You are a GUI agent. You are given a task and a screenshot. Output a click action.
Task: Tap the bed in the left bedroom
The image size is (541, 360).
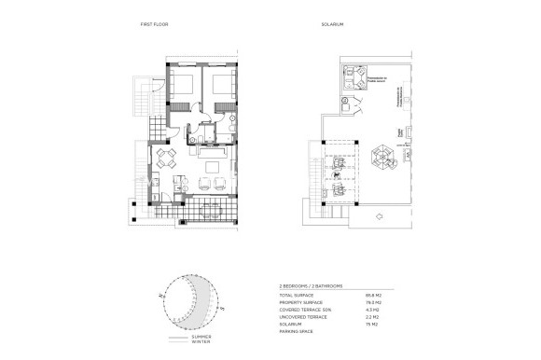point(183,84)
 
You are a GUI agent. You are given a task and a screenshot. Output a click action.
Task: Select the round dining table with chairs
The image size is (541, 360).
point(166,156)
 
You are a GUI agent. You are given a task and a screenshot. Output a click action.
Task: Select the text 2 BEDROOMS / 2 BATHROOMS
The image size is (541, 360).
point(311,285)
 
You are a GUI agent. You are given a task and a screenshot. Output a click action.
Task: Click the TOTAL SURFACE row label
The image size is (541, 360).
point(296,296)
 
